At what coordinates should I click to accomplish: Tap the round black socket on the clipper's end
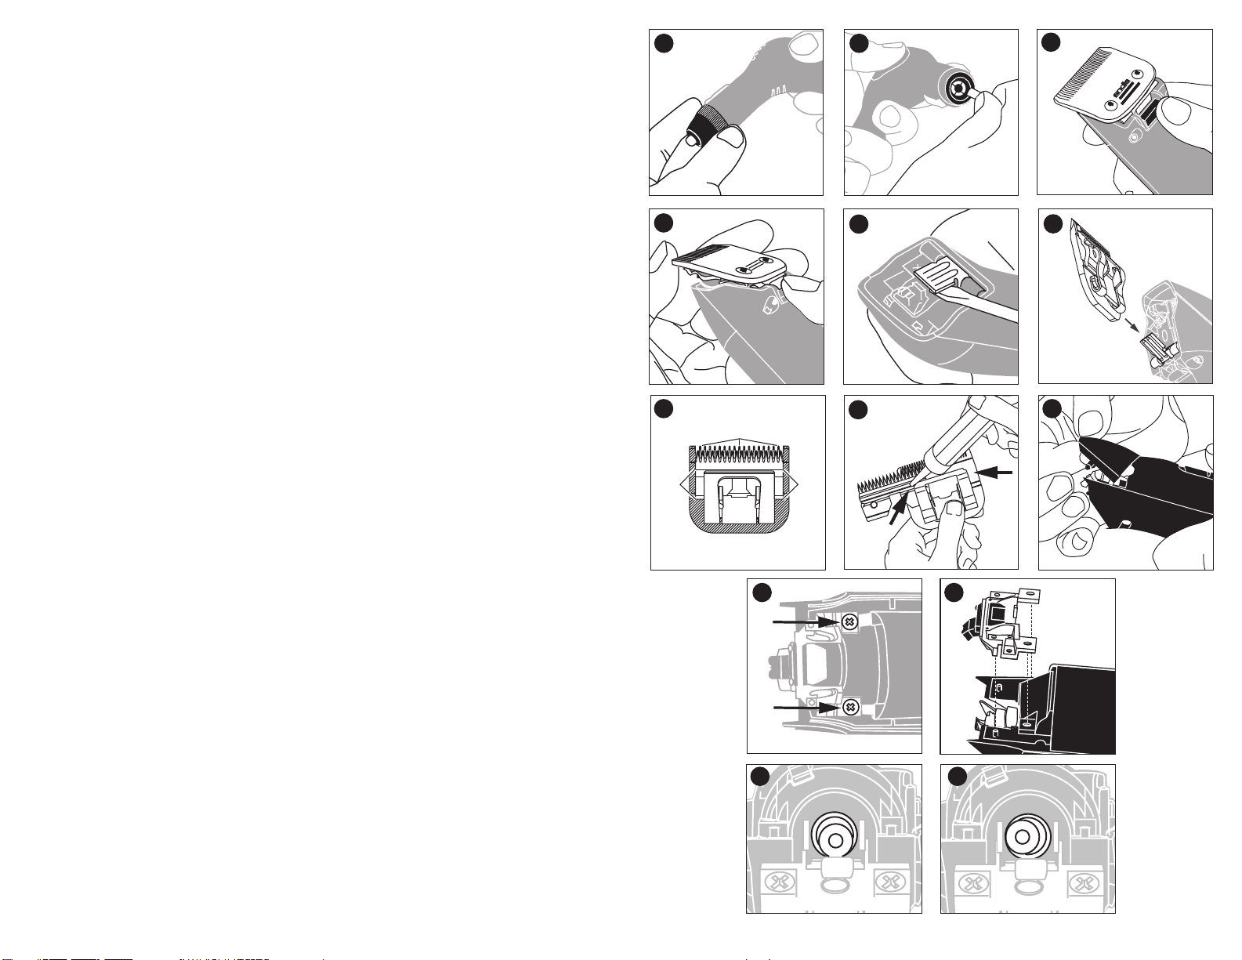click(x=957, y=90)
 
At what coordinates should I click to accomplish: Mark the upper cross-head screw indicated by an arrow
click(x=849, y=622)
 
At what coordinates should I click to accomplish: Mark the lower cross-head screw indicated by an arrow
click(x=849, y=708)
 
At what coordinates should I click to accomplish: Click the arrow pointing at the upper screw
click(x=807, y=622)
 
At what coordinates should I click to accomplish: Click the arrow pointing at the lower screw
click(x=807, y=708)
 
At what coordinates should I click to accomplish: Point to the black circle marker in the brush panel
click(x=859, y=224)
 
